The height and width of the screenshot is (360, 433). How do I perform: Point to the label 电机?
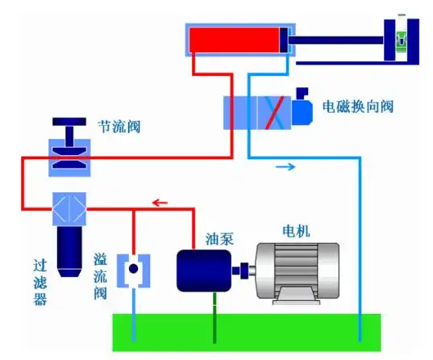[294, 231]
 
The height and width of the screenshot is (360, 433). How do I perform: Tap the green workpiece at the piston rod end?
[400, 40]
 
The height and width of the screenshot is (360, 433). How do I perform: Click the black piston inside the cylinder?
[285, 41]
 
